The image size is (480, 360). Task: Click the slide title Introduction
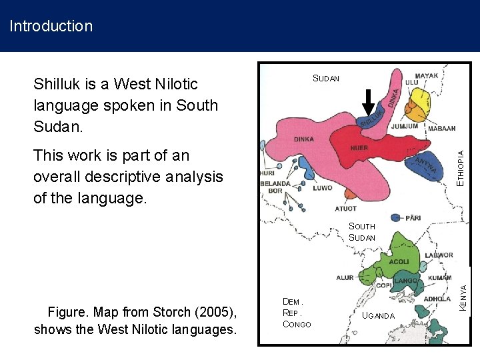(51, 27)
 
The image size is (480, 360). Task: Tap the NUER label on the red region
(359, 147)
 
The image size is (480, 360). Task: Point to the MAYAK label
(426, 76)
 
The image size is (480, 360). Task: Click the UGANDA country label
(379, 315)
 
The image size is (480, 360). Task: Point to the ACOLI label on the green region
(399, 262)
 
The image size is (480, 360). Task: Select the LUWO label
(323, 188)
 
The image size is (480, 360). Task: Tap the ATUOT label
(345, 209)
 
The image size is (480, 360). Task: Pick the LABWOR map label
(439, 255)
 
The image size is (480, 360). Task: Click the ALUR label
(345, 278)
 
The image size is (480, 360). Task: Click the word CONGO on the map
(297, 324)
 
